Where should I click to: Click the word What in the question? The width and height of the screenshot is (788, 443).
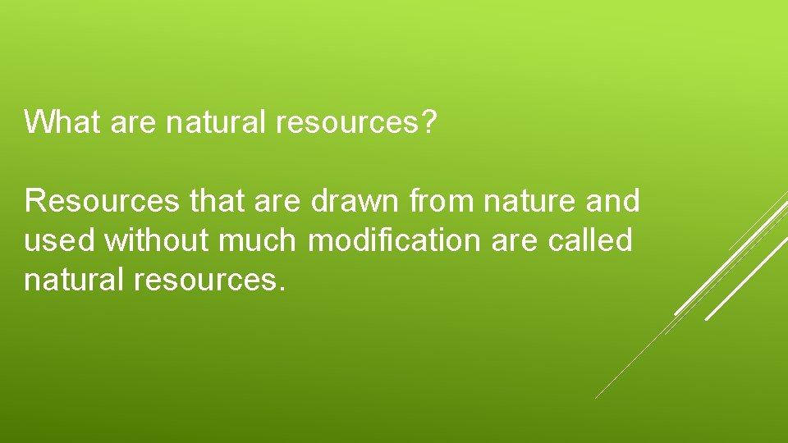click(x=62, y=123)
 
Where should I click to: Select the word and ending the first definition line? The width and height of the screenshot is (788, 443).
click(x=613, y=200)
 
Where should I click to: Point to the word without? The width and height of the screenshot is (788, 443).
click(x=156, y=241)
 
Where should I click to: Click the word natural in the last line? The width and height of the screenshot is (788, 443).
click(x=71, y=281)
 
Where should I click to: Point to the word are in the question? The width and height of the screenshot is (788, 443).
click(x=131, y=123)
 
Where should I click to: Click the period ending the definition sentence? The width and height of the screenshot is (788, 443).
click(x=282, y=289)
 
